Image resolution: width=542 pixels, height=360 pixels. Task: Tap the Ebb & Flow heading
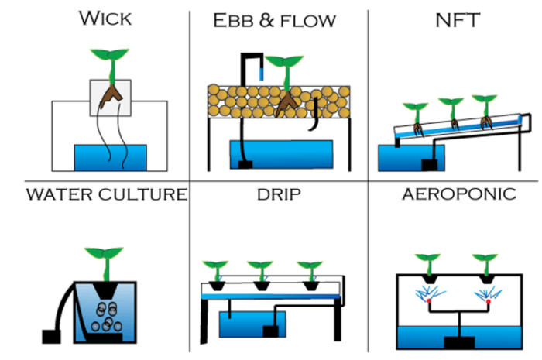pyautogui.click(x=274, y=20)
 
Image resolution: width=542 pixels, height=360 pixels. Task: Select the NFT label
pyautogui.click(x=460, y=19)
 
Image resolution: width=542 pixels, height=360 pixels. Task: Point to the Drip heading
pyautogui.click(x=277, y=194)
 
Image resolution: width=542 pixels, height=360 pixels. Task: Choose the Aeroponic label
pyautogui.click(x=459, y=194)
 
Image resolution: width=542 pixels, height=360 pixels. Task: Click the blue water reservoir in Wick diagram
pyautogui.click(x=110, y=157)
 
